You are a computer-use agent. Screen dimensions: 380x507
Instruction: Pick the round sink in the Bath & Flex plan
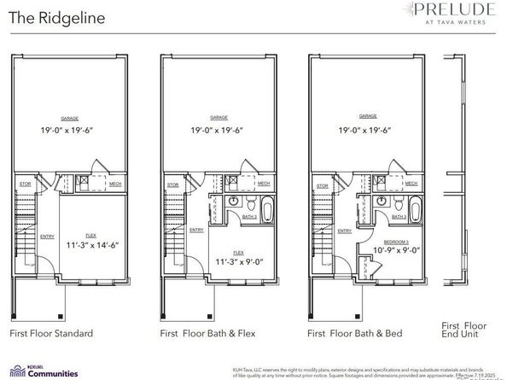235,201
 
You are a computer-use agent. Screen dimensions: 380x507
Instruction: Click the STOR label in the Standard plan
25,184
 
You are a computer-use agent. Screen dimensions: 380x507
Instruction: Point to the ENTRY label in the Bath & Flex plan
195,229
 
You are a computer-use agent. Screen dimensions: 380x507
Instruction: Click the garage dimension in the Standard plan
73,131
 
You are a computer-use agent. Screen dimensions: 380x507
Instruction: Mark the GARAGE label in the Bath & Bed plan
368,117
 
